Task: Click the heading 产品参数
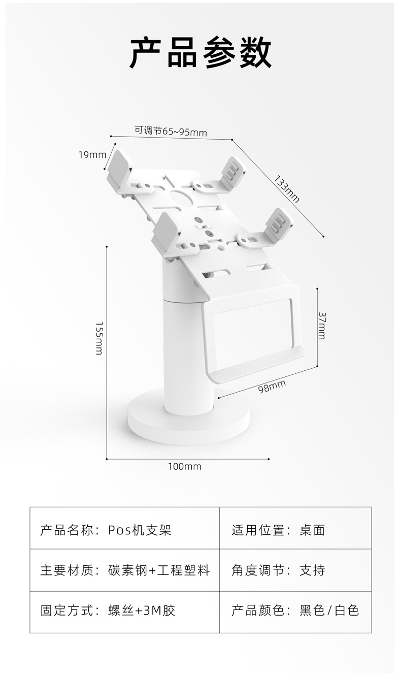pyautogui.click(x=201, y=53)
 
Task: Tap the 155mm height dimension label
pyautogui.click(x=99, y=338)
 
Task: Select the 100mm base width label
pyautogui.click(x=185, y=467)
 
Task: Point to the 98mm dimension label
pyautogui.click(x=272, y=387)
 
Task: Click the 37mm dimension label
pyautogui.click(x=322, y=326)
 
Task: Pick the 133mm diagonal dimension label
pyautogui.click(x=287, y=189)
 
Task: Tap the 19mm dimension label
pyautogui.click(x=92, y=155)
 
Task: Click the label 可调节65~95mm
pyautogui.click(x=171, y=131)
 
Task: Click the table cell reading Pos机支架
pyautogui.click(x=140, y=530)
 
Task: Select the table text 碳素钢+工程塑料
pyautogui.click(x=159, y=570)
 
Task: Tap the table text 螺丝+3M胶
pyautogui.click(x=142, y=610)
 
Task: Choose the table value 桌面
pyautogui.click(x=312, y=530)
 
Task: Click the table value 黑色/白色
pyautogui.click(x=329, y=610)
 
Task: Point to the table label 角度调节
pyautogui.click(x=257, y=570)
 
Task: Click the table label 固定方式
pyautogui.click(x=66, y=610)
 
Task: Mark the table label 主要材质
pyautogui.click(x=66, y=570)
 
